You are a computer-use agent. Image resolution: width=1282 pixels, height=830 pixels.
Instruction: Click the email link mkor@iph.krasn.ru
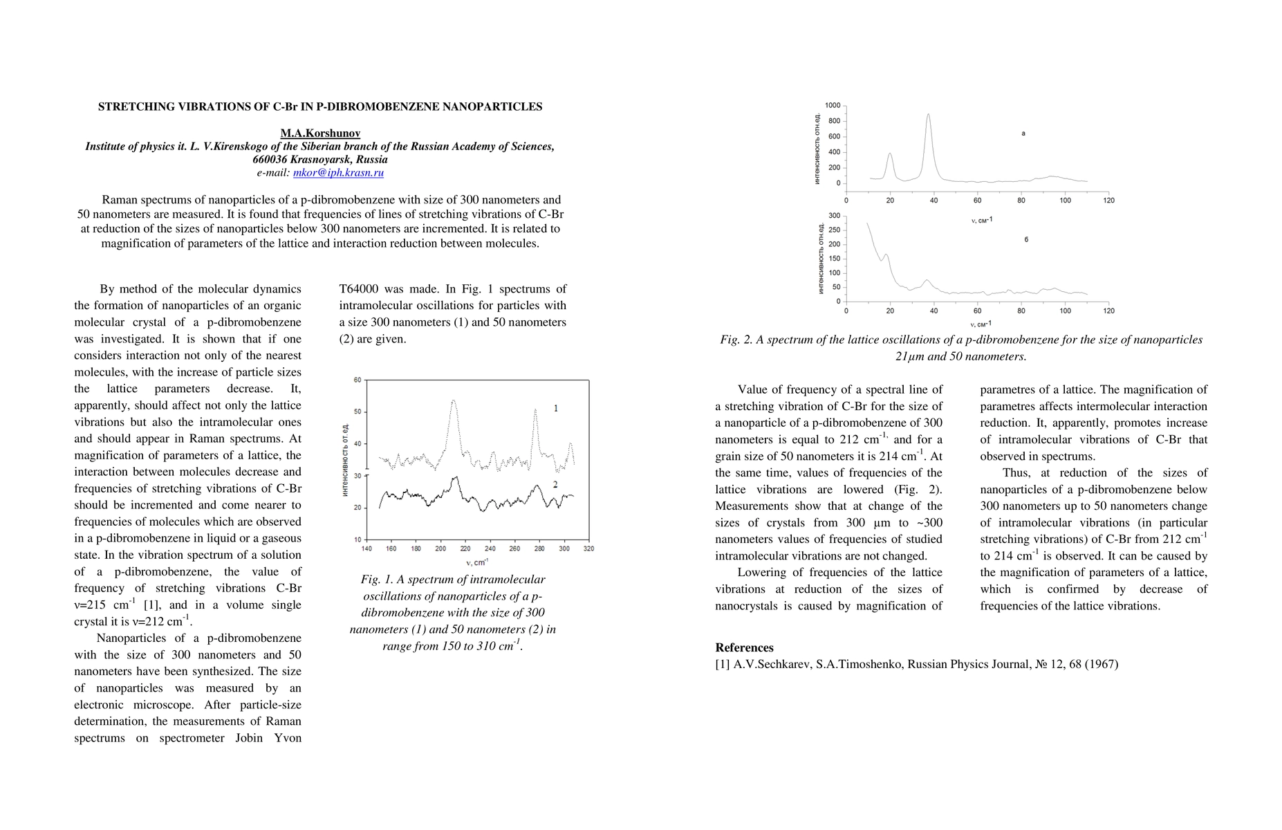tap(338, 173)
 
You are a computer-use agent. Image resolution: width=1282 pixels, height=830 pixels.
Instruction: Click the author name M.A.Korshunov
tap(320, 133)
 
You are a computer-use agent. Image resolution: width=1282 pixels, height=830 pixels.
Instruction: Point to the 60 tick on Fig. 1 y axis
tap(357, 380)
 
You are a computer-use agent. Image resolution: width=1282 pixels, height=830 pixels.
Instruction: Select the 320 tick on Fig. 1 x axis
tap(588, 548)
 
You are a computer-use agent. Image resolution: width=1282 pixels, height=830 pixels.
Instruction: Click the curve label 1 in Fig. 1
tap(556, 409)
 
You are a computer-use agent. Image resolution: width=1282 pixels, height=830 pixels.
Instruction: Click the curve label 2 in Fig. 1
tap(555, 485)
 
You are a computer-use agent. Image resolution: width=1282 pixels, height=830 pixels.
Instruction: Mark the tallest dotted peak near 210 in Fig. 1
tap(453, 400)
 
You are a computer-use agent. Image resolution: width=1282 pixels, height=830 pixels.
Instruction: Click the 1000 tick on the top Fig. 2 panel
tap(833, 105)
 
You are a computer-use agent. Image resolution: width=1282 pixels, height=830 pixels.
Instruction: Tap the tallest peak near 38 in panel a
tap(928, 115)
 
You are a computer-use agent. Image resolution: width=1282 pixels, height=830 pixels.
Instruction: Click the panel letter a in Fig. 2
tap(1023, 133)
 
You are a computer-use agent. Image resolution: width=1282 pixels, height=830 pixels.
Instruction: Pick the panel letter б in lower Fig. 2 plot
tap(1026, 239)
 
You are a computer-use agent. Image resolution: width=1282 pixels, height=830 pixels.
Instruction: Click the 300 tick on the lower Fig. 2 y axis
tap(835, 215)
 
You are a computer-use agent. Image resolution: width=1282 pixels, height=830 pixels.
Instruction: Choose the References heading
tap(744, 647)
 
